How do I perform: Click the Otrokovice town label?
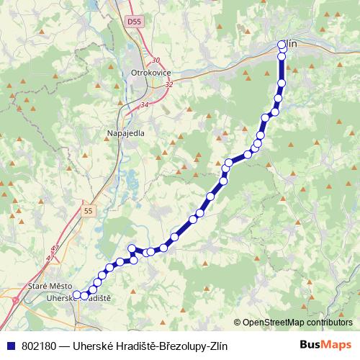pos(150,73)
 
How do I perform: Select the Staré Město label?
pos(46,287)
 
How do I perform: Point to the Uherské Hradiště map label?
pos(77,298)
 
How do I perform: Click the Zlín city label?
pos(290,44)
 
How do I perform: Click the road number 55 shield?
pos(88,210)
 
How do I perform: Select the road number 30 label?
pos(156,60)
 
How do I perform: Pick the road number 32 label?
pos(168,84)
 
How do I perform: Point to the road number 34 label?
pos(144,105)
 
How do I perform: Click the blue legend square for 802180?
pos(9,346)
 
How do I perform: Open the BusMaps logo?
pos(320,345)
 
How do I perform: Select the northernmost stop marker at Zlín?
pos(282,45)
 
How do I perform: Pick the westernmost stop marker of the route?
pos(76,294)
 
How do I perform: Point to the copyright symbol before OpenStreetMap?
pos(238,323)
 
